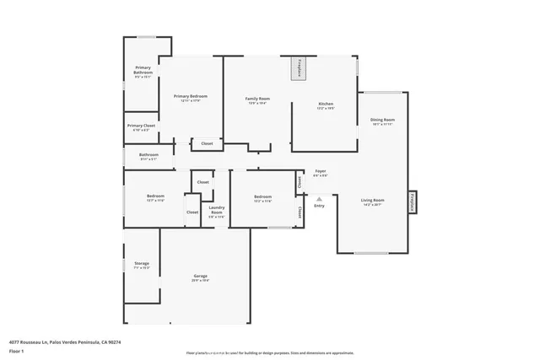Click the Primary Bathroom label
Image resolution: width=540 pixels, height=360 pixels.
click(x=143, y=73)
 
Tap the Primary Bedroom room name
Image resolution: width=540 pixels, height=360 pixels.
click(x=190, y=97)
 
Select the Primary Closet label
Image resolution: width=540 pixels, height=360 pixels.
click(x=142, y=126)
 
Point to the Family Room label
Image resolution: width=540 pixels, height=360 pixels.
click(x=257, y=99)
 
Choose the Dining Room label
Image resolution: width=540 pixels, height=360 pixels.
click(x=382, y=120)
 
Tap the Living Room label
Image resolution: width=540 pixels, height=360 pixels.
click(x=373, y=200)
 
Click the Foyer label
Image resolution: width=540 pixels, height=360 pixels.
click(x=321, y=171)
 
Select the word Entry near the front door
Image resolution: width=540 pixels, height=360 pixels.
click(x=319, y=206)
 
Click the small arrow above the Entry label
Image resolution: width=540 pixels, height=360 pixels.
click(x=319, y=199)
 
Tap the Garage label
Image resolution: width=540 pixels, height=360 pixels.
click(x=200, y=277)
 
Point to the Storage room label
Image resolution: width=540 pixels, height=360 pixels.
click(x=142, y=264)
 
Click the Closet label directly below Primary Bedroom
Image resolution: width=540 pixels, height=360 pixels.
click(x=207, y=144)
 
